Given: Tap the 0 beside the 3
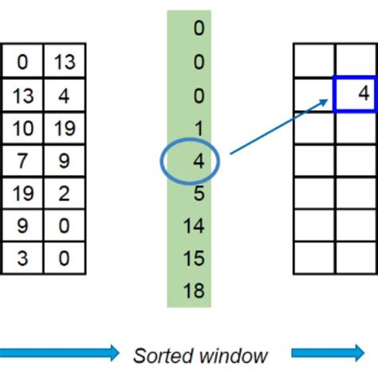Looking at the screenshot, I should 64,258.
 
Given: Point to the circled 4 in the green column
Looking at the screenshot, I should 199,160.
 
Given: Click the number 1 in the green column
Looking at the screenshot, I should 199,128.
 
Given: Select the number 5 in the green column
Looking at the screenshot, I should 199,193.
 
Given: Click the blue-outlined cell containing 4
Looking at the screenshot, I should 356,94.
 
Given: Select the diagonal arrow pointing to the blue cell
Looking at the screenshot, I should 279,125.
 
